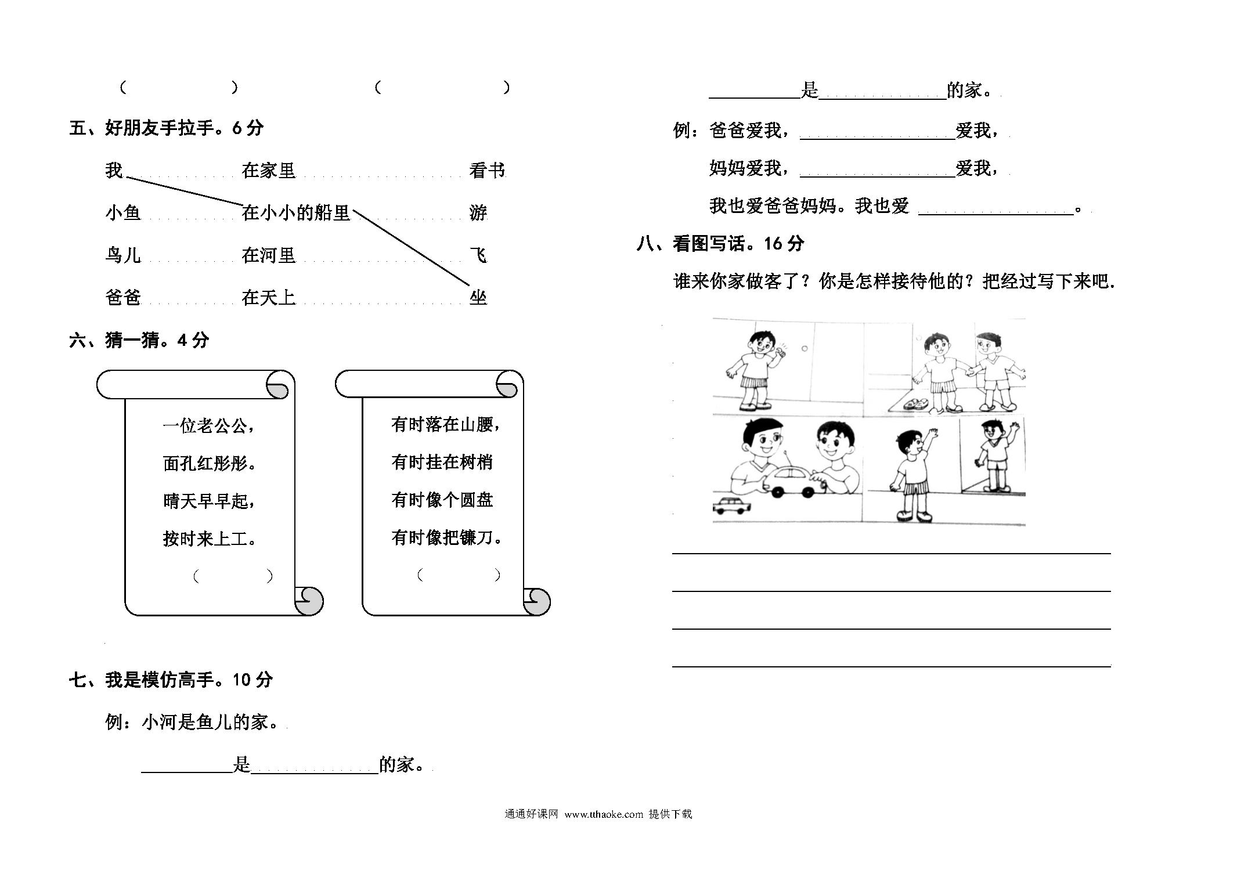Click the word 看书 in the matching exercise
pos(487,170)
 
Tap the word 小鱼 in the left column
pos(123,213)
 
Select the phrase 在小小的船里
pos(296,213)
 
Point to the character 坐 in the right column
pos(478,298)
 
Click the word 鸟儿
pos(123,255)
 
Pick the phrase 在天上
pos(269,298)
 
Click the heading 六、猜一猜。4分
pos(139,340)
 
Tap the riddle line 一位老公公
pos(208,426)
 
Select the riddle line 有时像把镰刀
pos(446,537)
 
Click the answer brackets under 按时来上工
pos(233,576)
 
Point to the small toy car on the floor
pos(731,506)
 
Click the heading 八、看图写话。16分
pos(720,244)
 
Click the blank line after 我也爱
pos(995,214)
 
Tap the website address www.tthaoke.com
pos(604,814)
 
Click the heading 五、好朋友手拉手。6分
pos(166,128)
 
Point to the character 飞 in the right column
pos(478,255)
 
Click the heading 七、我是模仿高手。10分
pos(171,680)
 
